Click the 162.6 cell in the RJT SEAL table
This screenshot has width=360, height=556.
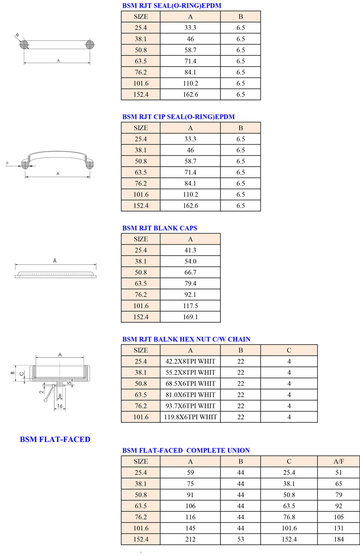(x=190, y=95)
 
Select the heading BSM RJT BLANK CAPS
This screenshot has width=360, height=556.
(x=159, y=228)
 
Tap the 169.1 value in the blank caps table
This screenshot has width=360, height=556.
(x=190, y=317)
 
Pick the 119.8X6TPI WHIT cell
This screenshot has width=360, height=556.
(x=190, y=417)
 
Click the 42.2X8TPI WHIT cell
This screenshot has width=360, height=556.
(x=190, y=361)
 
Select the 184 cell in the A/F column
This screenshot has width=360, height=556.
(x=338, y=539)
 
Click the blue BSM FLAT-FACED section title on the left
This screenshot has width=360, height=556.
(x=55, y=439)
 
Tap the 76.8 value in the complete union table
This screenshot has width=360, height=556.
(x=289, y=517)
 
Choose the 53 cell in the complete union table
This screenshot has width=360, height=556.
(x=241, y=539)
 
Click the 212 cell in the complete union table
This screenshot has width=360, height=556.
(x=190, y=539)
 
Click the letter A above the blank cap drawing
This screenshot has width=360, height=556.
(x=55, y=260)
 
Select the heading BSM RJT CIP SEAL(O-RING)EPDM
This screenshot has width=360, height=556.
(x=178, y=117)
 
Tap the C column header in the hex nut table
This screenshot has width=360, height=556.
(x=289, y=350)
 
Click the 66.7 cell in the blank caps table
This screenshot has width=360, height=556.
(x=190, y=272)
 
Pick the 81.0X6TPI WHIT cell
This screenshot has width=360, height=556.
(x=190, y=395)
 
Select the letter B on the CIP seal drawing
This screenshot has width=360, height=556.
(x=8, y=163)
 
